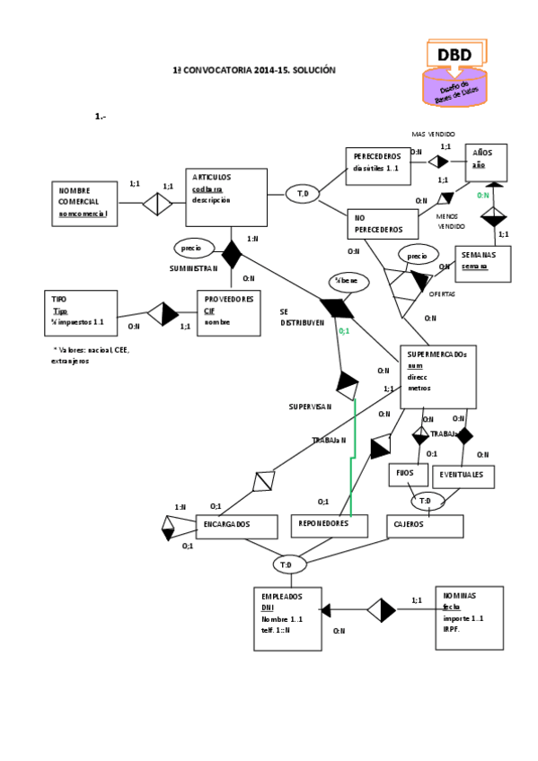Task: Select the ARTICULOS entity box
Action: point(225,197)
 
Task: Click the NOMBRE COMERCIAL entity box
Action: point(90,203)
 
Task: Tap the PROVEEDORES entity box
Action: point(228,312)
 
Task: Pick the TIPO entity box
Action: point(81,312)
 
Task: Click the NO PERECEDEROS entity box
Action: point(383,224)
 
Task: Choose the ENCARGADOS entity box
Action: point(234,526)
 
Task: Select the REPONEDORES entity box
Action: point(329,525)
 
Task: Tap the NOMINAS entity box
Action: point(470,617)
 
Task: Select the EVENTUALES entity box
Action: point(463,476)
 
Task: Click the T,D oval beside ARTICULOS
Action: point(303,193)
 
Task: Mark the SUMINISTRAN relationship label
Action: point(193,267)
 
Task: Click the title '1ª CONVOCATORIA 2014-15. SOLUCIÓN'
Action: point(254,70)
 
